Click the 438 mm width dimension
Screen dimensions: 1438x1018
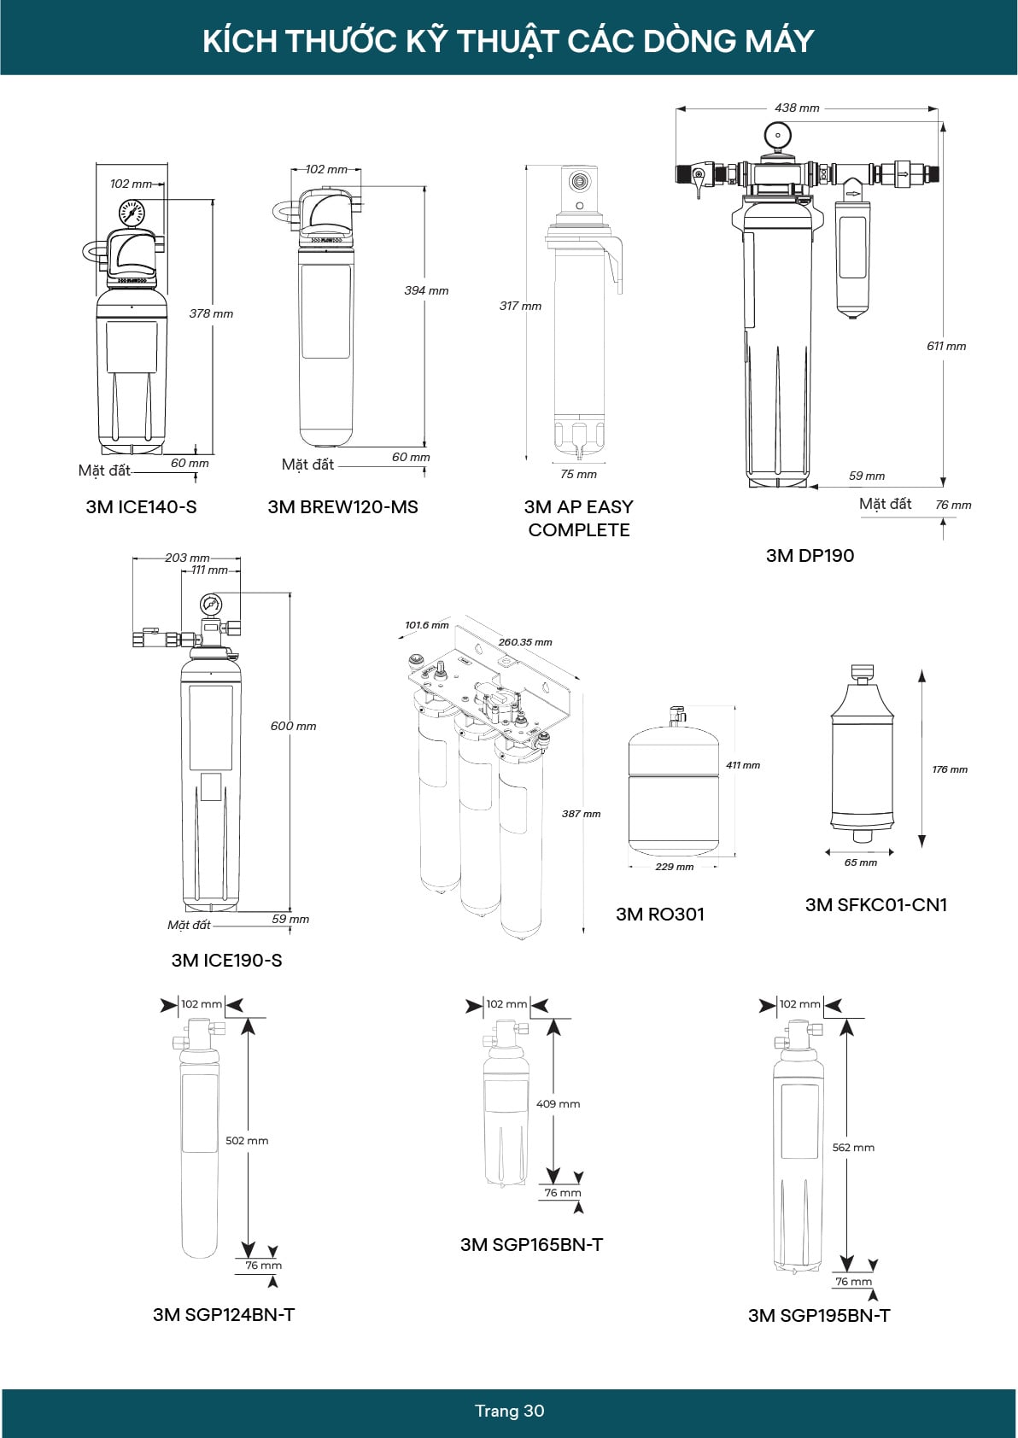pos(797,108)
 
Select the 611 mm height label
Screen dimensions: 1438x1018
pos(946,346)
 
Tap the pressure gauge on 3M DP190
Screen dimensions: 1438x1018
pos(777,135)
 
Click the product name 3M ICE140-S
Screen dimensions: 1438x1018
pos(141,506)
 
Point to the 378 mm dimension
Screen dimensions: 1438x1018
pos(211,313)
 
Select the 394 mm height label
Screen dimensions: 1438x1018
pos(426,290)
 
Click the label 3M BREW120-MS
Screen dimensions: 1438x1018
pos(342,506)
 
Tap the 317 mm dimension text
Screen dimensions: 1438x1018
pos(520,306)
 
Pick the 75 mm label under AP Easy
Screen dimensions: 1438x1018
pos(578,474)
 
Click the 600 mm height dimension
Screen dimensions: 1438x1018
pos(293,726)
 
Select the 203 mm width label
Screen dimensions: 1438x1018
pos(187,558)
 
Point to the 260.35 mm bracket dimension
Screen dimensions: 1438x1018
pos(525,642)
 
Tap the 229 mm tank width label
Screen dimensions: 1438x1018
pos(674,867)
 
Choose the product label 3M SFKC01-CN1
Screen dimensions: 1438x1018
pos(876,904)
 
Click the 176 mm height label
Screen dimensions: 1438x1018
pos(949,769)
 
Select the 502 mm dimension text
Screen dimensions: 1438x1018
pos(247,1140)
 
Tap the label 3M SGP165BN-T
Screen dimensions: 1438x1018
pos(531,1244)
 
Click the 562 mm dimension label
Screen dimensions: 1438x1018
pos(853,1147)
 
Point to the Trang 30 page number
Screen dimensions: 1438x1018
pos(509,1411)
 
